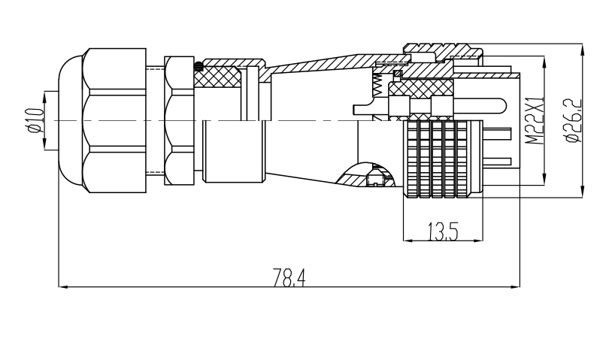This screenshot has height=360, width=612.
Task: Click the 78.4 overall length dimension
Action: tap(289, 277)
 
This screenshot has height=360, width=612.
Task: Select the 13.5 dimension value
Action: tap(443, 231)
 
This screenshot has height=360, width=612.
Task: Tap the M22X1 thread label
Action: tap(535, 121)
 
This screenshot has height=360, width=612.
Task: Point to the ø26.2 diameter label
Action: tap(573, 121)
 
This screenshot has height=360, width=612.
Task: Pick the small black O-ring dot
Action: tap(198, 66)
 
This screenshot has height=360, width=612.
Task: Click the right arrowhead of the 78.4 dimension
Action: tap(515, 287)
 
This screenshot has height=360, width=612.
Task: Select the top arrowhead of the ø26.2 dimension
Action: tap(582, 49)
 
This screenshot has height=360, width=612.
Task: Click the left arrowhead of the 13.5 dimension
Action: tap(407, 241)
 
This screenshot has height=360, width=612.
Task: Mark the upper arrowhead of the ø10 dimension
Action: tap(44, 97)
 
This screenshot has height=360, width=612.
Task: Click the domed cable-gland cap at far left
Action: tap(71, 120)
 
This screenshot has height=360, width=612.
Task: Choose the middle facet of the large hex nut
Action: tap(117, 120)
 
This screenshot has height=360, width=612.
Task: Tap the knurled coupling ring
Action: tap(443, 159)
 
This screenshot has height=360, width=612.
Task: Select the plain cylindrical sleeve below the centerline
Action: tap(234, 151)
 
